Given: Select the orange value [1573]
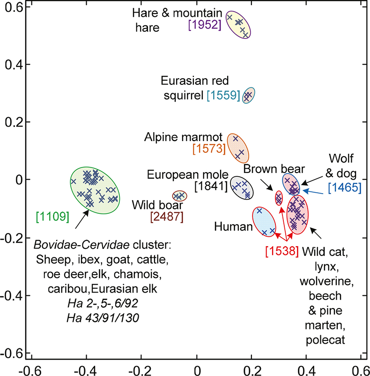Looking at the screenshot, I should coord(208,149).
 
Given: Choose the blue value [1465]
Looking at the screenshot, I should coord(344,188).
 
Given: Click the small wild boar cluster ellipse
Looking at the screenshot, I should coord(179,196).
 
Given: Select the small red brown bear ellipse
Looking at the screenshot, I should coord(279,198).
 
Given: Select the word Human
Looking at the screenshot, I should coord(233,227).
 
